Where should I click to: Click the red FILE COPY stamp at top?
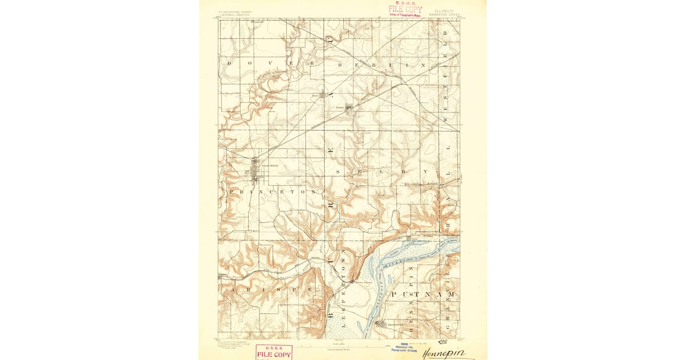point(405,9)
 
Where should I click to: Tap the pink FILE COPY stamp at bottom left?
point(273,352)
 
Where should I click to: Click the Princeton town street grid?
point(256,170)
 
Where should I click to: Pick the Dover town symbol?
point(322,95)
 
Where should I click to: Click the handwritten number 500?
point(441,342)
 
